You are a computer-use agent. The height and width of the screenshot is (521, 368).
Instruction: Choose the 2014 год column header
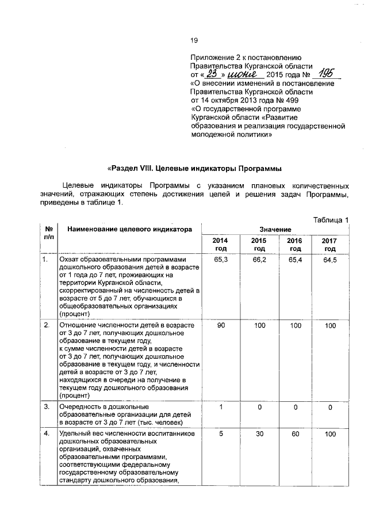click(x=220, y=244)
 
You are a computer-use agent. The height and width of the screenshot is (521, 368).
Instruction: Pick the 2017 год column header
click(x=329, y=244)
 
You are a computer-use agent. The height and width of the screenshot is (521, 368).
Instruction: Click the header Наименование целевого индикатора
click(x=129, y=229)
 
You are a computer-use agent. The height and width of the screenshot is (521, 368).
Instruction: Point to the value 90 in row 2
click(x=220, y=326)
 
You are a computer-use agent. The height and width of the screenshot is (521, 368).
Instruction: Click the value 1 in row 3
click(x=220, y=408)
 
